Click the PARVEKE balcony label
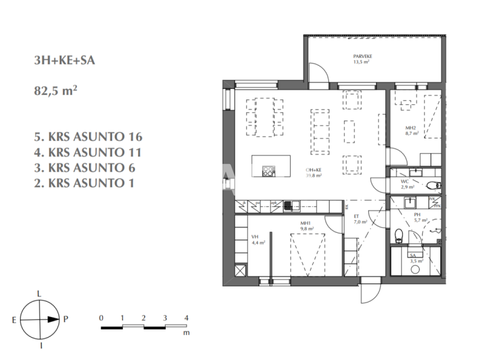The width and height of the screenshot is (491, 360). (x=362, y=58)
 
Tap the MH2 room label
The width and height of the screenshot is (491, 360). (x=412, y=131)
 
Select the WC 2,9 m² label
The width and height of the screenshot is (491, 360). (x=407, y=184)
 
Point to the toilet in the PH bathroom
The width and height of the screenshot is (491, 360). (x=399, y=235)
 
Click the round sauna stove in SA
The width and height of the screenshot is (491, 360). (x=415, y=269)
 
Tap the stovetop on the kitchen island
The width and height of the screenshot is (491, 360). (x=269, y=171)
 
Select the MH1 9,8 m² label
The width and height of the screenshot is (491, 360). (x=307, y=226)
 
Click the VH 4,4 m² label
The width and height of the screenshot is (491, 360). (x=258, y=240)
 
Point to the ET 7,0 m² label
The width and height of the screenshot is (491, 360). (x=360, y=219)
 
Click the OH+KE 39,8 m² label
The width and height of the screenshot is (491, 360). (x=313, y=173)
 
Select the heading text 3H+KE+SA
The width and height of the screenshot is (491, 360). (x=64, y=61)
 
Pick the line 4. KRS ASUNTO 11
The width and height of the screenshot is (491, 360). (x=87, y=153)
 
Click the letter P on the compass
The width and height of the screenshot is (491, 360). (x=66, y=319)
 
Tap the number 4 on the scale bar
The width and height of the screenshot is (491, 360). (x=186, y=318)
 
